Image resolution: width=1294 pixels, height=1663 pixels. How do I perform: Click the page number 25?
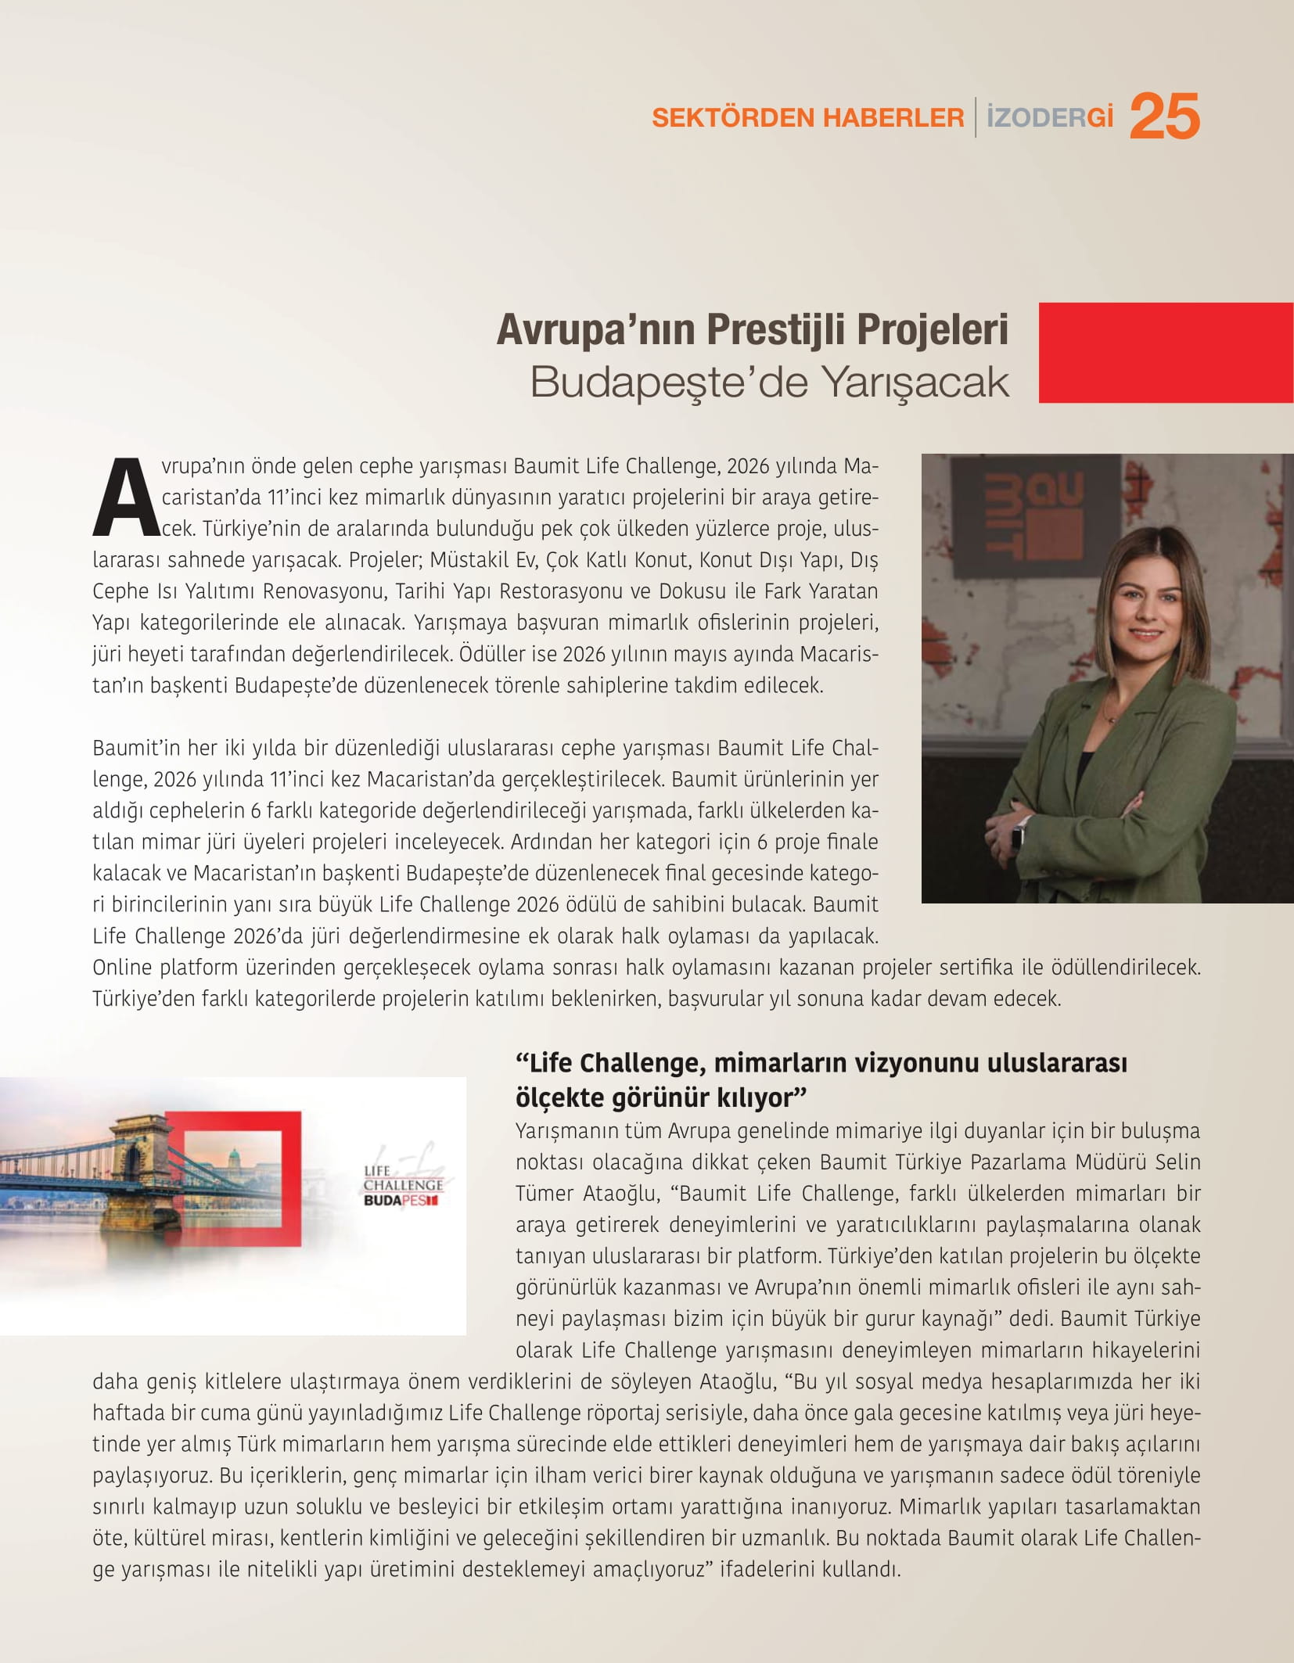coord(1164,117)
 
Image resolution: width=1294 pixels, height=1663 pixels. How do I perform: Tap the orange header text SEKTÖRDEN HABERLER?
coord(807,118)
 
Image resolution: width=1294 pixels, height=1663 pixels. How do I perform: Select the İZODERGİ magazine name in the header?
coord(1049,117)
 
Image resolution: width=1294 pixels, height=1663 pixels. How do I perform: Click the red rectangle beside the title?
coord(1166,353)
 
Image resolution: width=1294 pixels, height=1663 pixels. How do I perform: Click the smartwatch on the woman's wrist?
coord(1018,834)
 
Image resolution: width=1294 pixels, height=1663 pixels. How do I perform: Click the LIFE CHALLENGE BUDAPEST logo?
coord(403,1186)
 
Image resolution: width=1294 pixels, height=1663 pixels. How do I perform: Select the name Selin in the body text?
coord(1177,1162)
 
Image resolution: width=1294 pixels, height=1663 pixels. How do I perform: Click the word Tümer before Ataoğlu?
coord(545,1193)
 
